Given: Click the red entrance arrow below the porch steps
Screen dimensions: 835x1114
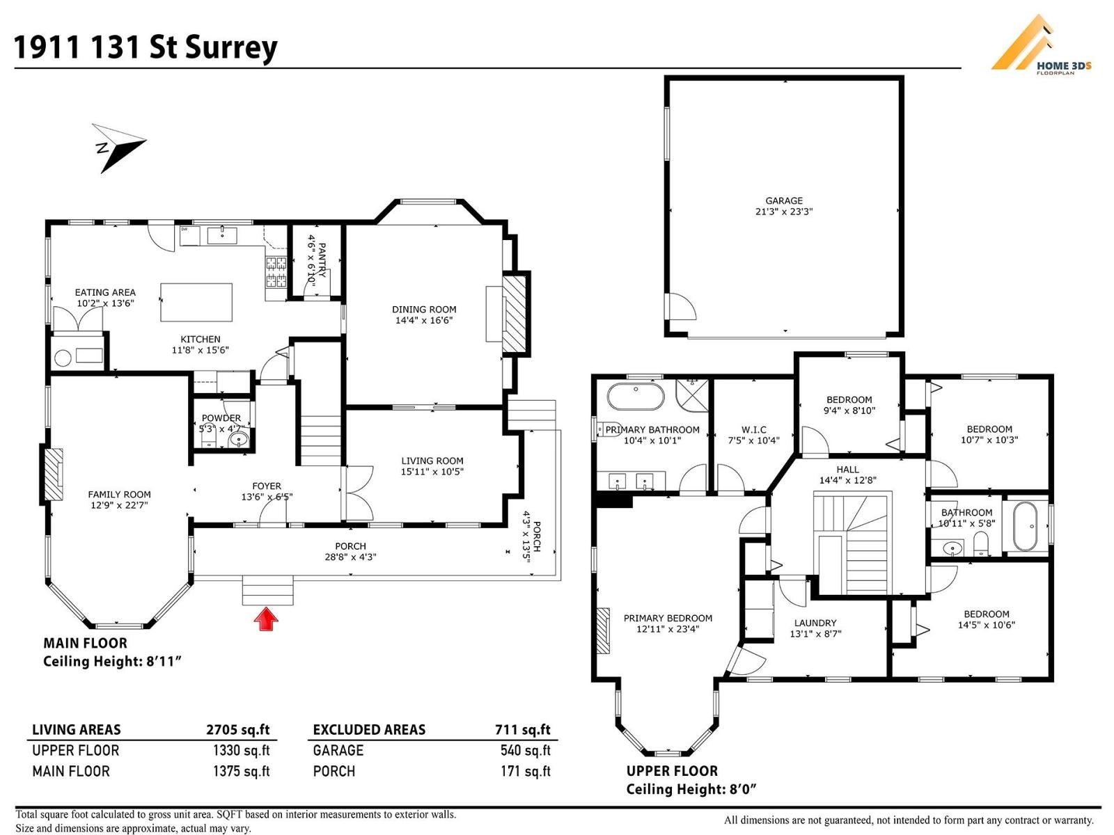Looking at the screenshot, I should [266, 619].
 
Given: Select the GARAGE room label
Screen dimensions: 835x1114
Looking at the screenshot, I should [784, 200].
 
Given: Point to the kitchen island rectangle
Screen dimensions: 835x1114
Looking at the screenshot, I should [196, 302].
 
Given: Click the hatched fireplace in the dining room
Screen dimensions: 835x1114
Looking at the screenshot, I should [516, 307].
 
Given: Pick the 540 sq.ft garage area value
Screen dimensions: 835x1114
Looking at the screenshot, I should [525, 750].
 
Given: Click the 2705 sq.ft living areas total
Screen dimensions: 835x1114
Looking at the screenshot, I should [237, 729].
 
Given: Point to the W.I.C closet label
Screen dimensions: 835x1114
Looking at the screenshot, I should [753, 429].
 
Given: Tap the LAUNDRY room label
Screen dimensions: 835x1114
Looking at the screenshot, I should [815, 623].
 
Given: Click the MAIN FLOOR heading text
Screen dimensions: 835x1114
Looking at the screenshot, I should [85, 643].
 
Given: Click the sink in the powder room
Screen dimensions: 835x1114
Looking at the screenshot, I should [239, 439].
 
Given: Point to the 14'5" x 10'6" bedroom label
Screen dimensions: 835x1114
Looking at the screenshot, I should [986, 624].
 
